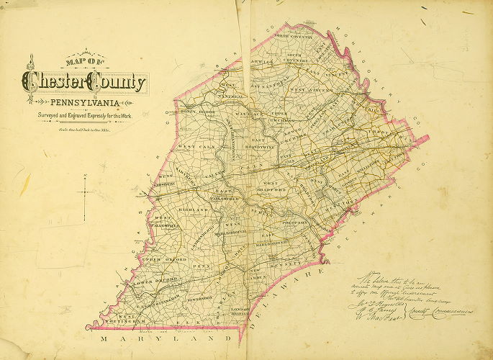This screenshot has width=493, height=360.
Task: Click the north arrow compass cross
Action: tap(86, 190)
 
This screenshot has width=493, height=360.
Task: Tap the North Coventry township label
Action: tap(290, 35)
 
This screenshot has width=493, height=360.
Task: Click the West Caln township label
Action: tap(192, 147)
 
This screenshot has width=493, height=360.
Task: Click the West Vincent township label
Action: tap(307, 91)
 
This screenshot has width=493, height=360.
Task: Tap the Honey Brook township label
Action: tap(196, 112)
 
